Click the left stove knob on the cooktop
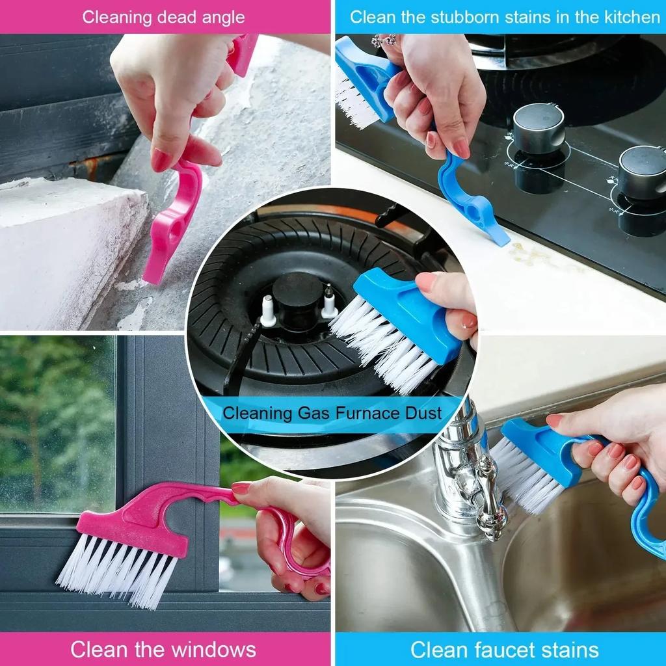coord(538,128)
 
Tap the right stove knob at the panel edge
coord(641,171)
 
